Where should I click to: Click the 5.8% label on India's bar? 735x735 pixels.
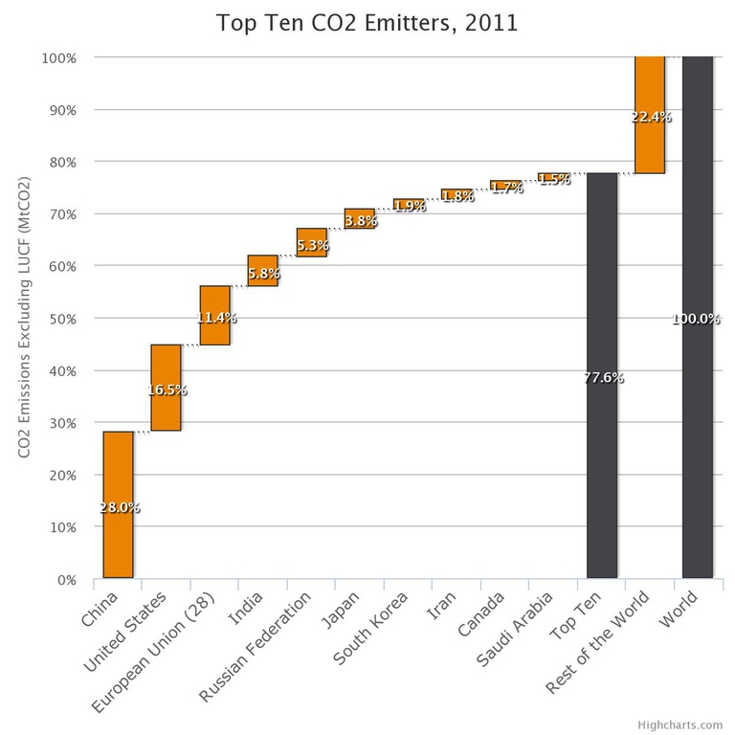(x=263, y=273)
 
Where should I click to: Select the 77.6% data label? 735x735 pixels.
(x=603, y=378)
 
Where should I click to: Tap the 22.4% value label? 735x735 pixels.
(x=651, y=117)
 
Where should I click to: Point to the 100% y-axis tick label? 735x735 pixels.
(x=59, y=57)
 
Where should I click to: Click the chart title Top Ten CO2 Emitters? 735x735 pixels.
(x=367, y=23)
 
